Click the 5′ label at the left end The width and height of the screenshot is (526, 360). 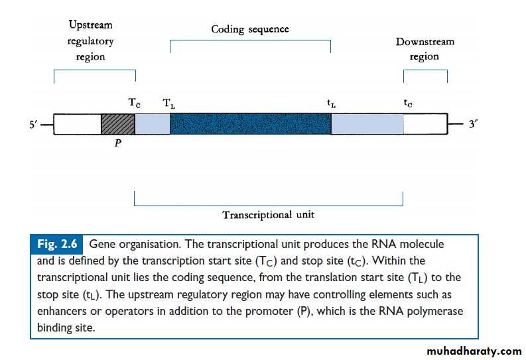click(34, 124)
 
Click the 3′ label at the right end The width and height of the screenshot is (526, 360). click(473, 124)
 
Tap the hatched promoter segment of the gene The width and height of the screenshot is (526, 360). click(117, 124)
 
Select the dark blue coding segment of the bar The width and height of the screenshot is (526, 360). click(250, 124)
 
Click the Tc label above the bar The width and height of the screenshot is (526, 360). click(134, 103)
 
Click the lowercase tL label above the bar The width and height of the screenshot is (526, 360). click(330, 104)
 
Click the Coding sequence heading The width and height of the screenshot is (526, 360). click(250, 29)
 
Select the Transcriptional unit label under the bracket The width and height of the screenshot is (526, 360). click(268, 215)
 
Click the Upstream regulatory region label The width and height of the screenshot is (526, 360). click(91, 41)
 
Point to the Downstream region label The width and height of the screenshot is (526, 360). click(425, 49)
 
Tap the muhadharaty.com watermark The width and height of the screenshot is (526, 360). click(474, 351)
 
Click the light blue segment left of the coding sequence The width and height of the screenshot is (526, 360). click(152, 124)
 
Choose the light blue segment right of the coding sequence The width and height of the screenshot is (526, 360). click(367, 124)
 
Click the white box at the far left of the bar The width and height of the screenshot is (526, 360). click(76, 124)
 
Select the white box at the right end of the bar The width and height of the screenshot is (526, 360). click(425, 124)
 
